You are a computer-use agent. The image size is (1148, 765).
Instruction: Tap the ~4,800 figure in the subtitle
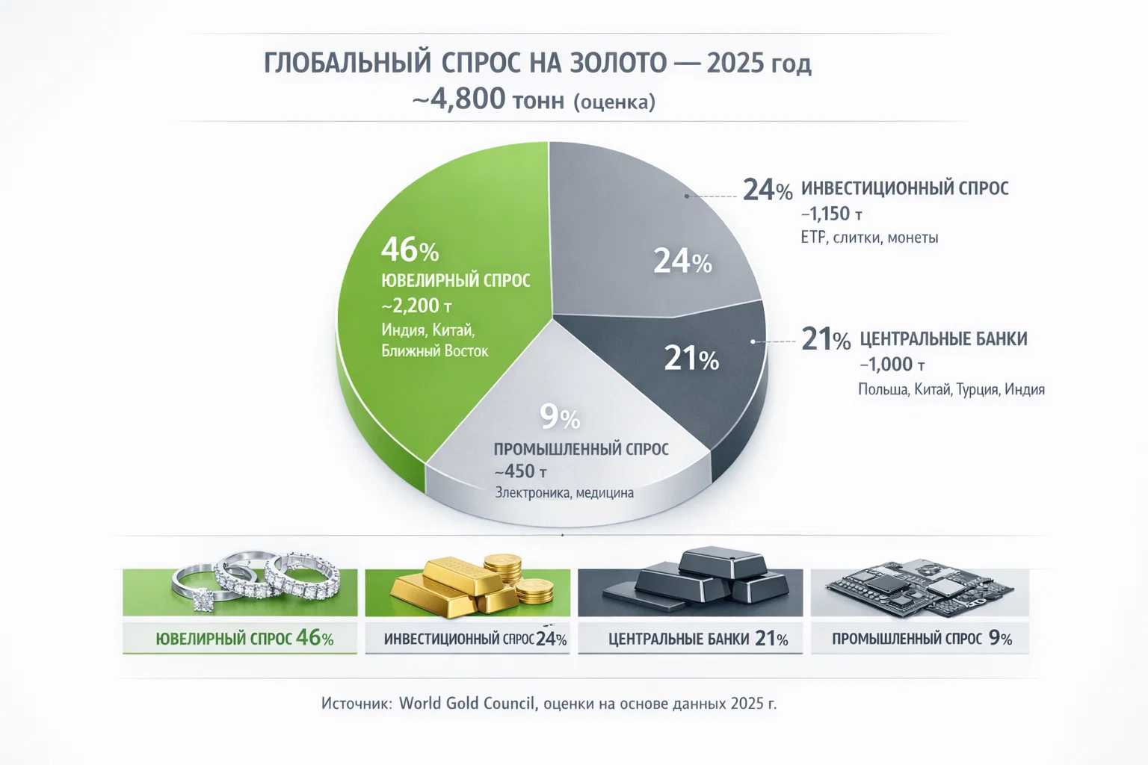(459, 99)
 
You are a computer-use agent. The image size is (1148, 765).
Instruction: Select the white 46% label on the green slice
(410, 250)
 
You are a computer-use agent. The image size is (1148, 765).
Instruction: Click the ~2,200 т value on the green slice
(416, 306)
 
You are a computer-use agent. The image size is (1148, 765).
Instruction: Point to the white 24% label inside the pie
(682, 261)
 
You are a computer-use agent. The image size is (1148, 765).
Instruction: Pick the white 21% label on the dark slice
(691, 359)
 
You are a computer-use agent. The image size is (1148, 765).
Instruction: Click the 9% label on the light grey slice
(560, 417)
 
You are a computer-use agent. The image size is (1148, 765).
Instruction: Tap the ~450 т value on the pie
(520, 471)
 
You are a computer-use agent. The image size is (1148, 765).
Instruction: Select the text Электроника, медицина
(564, 493)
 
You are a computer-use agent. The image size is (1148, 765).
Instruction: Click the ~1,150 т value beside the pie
(831, 214)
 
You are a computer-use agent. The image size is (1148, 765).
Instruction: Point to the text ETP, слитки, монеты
(868, 238)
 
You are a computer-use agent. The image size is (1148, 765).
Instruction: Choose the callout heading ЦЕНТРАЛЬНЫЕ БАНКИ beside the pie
(943, 339)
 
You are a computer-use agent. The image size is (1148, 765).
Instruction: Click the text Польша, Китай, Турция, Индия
(951, 389)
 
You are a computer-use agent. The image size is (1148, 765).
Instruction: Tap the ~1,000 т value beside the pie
(892, 365)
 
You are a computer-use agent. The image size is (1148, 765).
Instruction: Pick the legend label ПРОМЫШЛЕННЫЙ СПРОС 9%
(921, 639)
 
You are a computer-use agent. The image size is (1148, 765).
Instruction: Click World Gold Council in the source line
(467, 704)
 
